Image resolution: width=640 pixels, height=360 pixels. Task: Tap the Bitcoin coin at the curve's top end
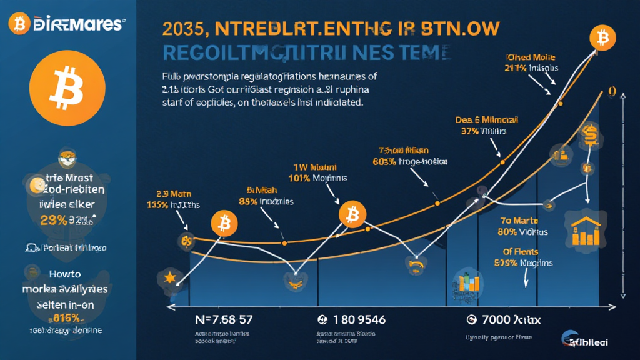coord(602,39)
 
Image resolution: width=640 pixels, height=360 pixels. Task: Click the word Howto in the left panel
coord(66,273)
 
